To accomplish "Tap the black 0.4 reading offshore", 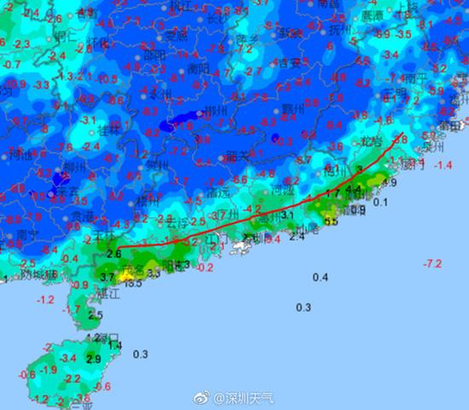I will coord(321,278).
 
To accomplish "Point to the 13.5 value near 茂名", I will coord(133,282).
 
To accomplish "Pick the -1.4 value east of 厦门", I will coord(443,165).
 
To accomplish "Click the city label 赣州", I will coord(292,109).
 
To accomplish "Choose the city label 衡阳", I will coord(199,67).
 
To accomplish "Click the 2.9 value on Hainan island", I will coord(95,360).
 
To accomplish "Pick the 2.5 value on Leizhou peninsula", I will coord(95,315).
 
